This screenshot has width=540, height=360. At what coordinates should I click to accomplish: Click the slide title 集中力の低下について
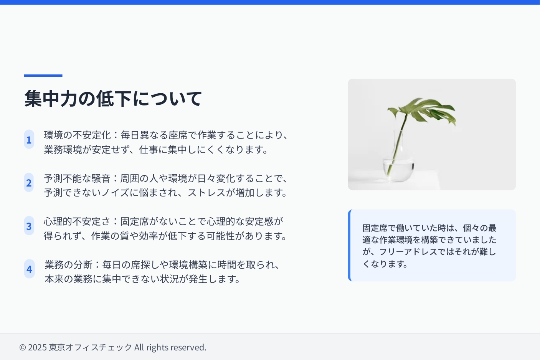click(x=113, y=98)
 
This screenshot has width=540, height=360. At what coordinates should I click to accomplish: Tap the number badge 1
click(x=29, y=139)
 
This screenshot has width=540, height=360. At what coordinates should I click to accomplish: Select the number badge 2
click(x=29, y=183)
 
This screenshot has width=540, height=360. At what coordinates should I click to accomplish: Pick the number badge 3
click(x=29, y=226)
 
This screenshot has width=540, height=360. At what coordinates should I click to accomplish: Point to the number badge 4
click(x=29, y=269)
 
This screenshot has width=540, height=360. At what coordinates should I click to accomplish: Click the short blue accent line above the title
click(x=43, y=76)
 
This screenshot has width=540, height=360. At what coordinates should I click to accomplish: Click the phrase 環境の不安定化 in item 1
click(x=77, y=135)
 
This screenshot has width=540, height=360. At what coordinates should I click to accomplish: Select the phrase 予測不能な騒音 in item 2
click(x=77, y=178)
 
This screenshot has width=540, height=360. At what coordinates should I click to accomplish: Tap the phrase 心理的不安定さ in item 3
click(x=77, y=221)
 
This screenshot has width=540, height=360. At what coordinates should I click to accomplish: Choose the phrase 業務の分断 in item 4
click(x=68, y=265)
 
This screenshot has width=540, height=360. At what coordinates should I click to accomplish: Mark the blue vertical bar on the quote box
click(x=350, y=245)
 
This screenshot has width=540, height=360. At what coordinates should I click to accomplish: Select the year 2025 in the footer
click(x=37, y=347)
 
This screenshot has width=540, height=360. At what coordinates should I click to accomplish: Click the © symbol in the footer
click(x=22, y=347)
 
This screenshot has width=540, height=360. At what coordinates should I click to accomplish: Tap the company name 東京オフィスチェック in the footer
click(x=91, y=347)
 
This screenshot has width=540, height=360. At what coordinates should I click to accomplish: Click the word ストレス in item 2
click(x=206, y=193)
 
